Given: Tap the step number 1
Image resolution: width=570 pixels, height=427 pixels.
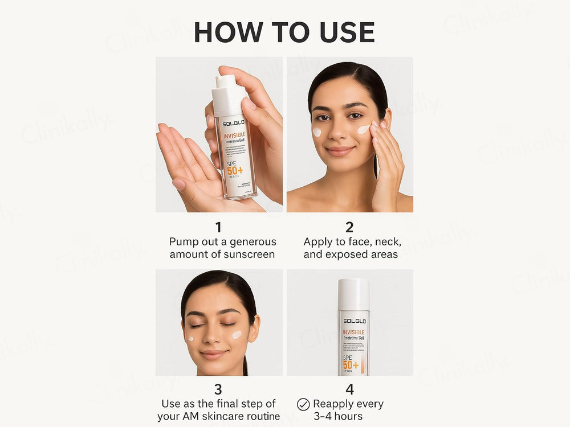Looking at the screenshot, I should tap(218, 227).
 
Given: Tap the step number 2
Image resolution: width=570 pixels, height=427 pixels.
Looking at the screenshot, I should tap(349, 227).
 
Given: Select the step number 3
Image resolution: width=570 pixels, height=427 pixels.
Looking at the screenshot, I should tap(218, 389).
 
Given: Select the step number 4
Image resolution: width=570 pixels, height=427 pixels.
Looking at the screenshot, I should tap(349, 389).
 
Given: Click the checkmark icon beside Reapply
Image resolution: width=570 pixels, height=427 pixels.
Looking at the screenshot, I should tap(303, 404).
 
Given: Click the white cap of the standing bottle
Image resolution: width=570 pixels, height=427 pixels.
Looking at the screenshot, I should tap(353, 294).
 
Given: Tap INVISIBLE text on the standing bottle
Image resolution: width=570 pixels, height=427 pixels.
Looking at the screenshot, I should tap(353, 332).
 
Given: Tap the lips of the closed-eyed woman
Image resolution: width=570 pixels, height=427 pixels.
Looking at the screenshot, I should tap(214, 354).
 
